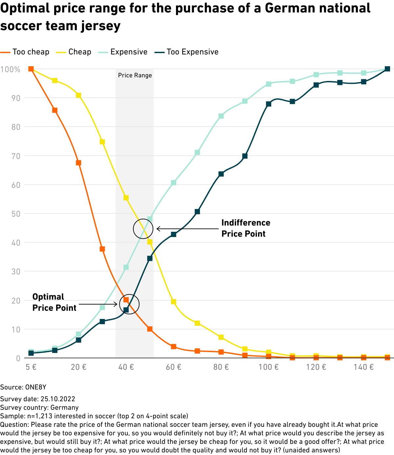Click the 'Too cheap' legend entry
[31, 52]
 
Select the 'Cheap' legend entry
[79, 52]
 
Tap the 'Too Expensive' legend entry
[192, 52]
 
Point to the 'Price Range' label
[135, 75]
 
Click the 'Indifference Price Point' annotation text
[246, 228]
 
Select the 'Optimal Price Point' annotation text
[54, 302]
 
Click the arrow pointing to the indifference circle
[189, 229]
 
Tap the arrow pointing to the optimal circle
[98, 304]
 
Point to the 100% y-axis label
[10, 69]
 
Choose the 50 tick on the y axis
[16, 214]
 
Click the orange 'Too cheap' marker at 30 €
[102, 249]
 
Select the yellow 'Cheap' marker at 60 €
[174, 302]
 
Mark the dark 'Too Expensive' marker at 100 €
[269, 104]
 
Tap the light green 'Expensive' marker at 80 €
[221, 116]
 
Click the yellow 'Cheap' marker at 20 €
[78, 95]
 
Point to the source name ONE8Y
[36, 387]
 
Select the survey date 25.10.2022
[58, 399]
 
